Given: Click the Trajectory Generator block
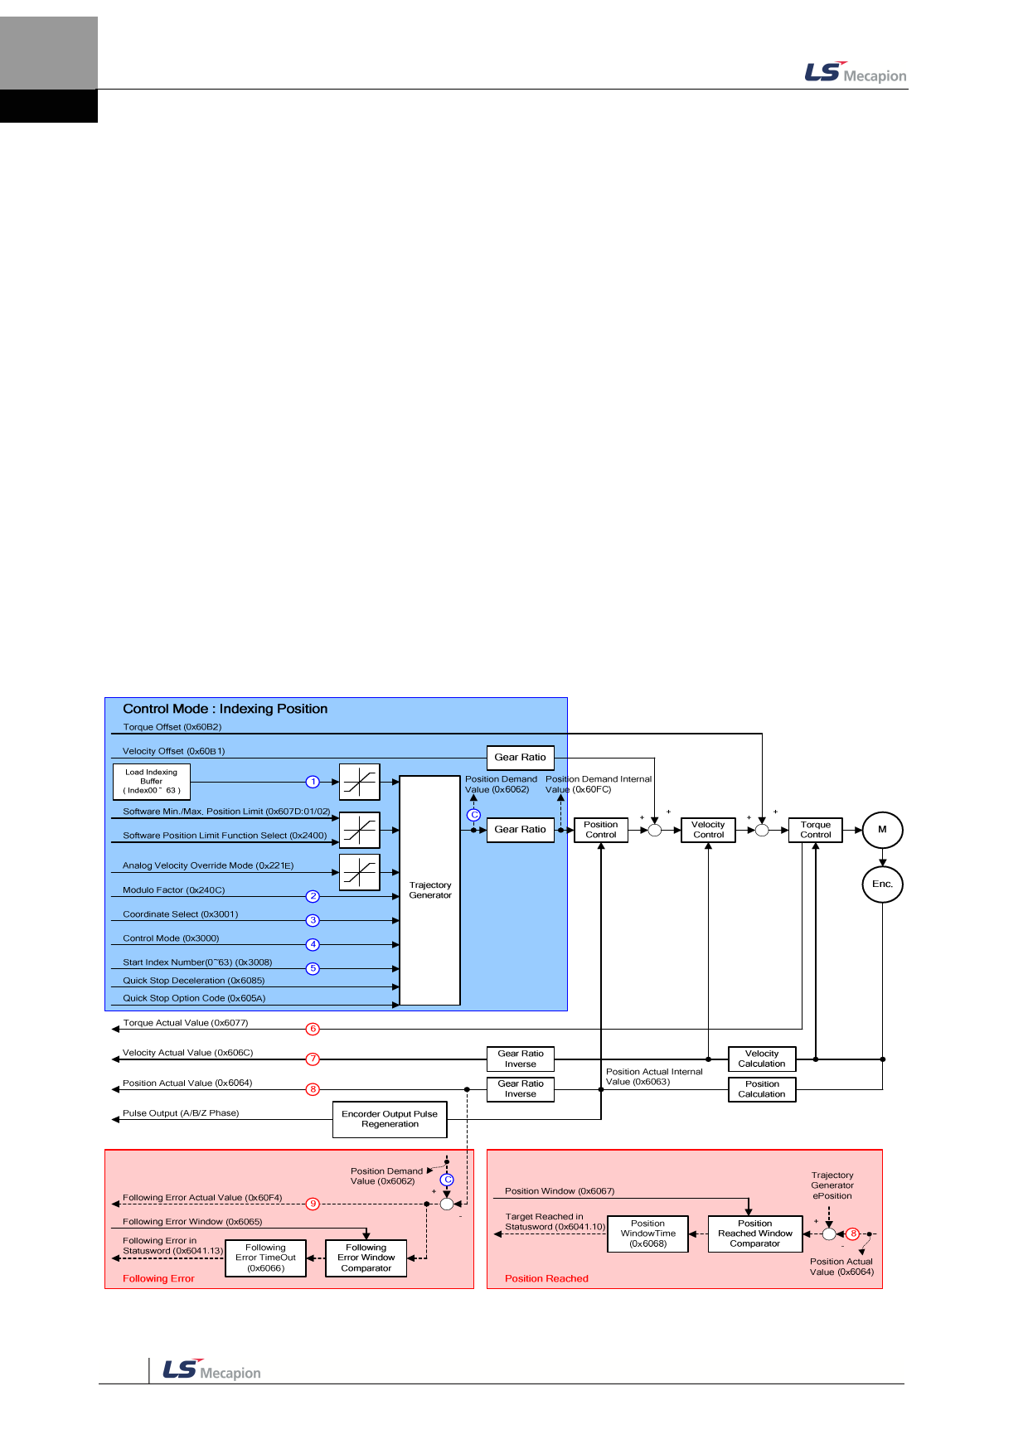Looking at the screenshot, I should coord(430,890).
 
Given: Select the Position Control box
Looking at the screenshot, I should coord(601,830).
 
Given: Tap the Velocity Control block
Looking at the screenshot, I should coord(708,830).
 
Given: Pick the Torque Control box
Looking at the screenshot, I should coord(815,830).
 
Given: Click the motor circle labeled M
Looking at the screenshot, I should coord(882,830).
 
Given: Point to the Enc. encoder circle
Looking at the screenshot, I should coord(882,885).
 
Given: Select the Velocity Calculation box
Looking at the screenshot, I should coord(762,1059).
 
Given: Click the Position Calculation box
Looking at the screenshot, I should coord(762,1089).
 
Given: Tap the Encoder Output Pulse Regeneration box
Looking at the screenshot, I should coord(390,1119).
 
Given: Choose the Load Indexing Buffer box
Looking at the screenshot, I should coord(152,781).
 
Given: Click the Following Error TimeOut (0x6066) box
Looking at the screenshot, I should coord(265,1258).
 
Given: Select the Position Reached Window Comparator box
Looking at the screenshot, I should coord(755,1233).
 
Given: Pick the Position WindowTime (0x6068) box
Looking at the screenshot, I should coord(648,1233).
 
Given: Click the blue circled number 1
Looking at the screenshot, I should coord(313,782).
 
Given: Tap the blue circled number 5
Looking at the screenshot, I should coord(313,968).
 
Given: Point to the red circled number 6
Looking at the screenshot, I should coord(313,1029).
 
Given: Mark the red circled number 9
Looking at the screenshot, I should coord(313,1204).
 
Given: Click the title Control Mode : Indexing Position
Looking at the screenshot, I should coord(225,709).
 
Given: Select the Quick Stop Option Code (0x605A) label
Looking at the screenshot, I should coord(194,998).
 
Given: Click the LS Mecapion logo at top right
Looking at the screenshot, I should coord(856,73).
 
